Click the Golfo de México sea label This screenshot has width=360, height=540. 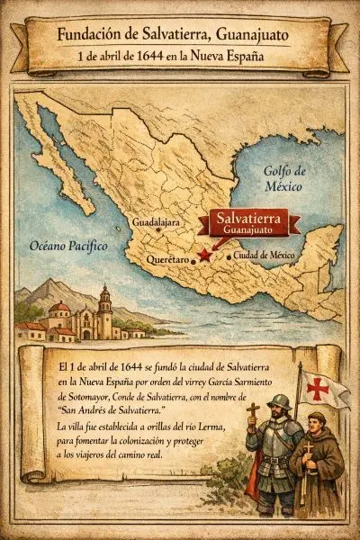pos(285,179)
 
